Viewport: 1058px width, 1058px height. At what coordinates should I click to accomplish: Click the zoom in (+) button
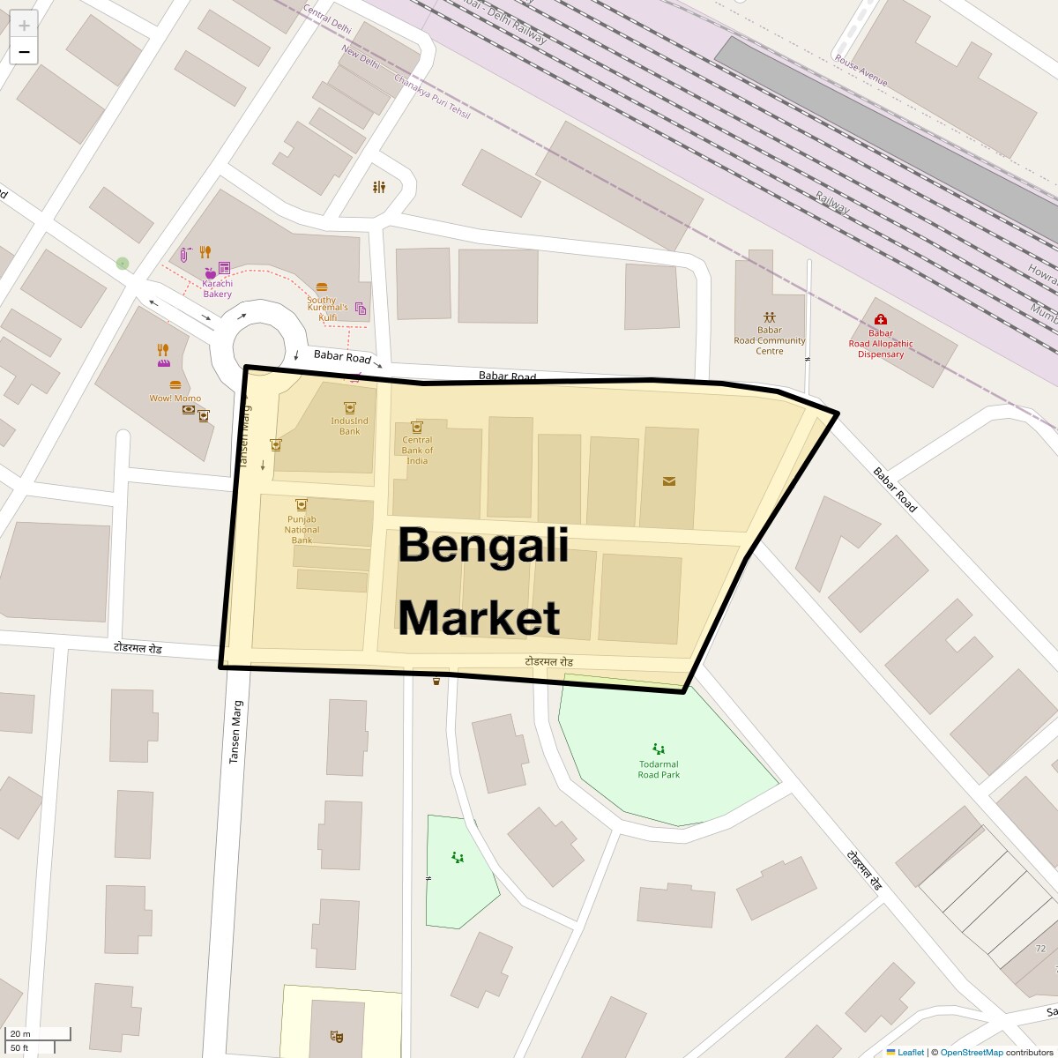point(24,25)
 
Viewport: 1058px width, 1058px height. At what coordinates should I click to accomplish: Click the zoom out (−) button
point(24,51)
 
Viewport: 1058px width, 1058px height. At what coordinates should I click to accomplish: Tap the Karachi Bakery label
point(217,288)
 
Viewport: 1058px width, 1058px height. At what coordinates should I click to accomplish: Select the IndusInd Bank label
point(350,426)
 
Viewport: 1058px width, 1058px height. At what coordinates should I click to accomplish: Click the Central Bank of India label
point(417,450)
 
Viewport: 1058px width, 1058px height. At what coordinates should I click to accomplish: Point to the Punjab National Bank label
point(302,529)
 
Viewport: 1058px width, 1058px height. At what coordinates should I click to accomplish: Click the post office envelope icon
point(669,481)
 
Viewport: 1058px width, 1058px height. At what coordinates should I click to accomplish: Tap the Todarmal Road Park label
point(659,770)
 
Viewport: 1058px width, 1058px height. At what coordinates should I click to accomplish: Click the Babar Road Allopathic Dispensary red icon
point(880,319)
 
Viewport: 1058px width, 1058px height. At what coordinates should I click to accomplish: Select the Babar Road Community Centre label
point(770,340)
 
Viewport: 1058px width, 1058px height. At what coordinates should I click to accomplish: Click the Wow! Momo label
point(175,399)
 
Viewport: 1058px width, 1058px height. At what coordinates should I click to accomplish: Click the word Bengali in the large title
point(483,546)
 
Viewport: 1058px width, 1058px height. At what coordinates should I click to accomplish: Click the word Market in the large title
point(479,617)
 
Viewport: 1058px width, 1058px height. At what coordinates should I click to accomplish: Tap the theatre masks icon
point(335,1036)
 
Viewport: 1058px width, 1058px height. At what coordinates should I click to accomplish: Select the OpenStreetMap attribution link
point(971,1052)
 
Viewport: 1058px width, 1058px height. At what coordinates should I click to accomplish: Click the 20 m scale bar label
point(20,1033)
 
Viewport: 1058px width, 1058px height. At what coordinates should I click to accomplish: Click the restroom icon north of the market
point(379,187)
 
